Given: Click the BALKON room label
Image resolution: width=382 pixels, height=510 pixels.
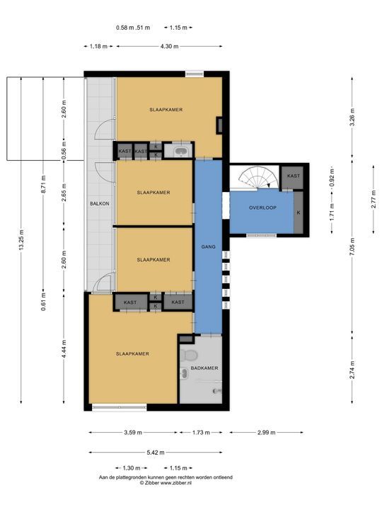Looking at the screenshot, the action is point(100,203).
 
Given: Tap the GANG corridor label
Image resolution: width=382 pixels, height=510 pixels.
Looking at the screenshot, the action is point(208,247).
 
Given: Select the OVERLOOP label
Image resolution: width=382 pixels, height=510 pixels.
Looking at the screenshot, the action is point(262,208).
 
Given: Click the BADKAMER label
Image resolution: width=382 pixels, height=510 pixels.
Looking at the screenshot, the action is point(204,368).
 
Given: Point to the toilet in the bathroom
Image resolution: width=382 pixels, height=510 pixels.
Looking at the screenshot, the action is point(189,355).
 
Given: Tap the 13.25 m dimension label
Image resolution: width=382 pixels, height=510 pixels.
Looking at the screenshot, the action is point(21,239).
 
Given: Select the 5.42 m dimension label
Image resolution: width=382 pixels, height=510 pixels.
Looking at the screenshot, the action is point(156,452).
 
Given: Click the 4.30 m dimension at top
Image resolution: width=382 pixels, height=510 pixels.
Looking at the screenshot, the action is point(169,46).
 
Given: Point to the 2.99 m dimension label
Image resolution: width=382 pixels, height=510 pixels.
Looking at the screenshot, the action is point(267,432).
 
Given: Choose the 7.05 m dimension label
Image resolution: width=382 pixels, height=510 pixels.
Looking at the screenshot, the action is point(352,247).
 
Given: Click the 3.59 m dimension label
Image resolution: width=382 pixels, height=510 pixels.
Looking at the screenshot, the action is point(133,432).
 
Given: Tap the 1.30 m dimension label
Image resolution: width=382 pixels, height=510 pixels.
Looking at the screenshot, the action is point(132,468).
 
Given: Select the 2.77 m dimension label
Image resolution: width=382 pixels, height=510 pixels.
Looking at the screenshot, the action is point(374,199).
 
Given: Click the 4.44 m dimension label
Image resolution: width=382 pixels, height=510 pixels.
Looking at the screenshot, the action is point(64,349).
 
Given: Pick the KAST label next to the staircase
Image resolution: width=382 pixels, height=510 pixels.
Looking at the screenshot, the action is point(294,176).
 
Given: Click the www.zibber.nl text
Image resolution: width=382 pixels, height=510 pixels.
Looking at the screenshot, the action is point(176,483).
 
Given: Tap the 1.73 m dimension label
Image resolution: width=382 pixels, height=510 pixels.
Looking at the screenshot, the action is point(201,432).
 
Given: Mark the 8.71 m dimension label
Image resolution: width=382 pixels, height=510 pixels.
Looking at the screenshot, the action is point(44,184).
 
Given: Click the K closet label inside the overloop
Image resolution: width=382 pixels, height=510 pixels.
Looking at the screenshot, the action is point(299,212).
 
